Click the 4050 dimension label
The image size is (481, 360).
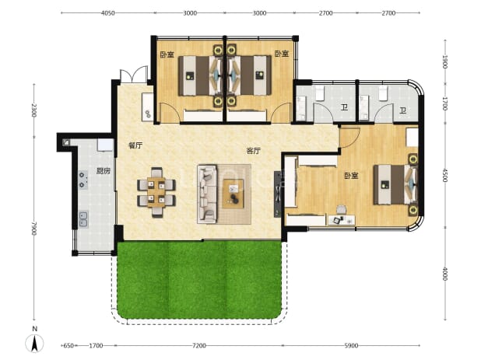click(x=108, y=13)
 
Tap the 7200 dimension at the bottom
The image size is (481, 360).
click(x=199, y=345)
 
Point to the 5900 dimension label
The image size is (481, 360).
click(x=351, y=345)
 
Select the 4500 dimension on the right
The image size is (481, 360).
click(x=445, y=175)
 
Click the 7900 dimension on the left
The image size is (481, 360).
click(x=33, y=229)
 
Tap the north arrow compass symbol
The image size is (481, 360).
click(x=35, y=343)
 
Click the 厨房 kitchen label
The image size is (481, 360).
click(x=104, y=171)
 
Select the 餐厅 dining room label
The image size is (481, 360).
click(x=135, y=145)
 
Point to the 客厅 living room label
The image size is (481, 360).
click(x=254, y=151)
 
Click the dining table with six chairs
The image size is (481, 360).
click(x=156, y=192)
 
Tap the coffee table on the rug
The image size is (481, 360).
click(x=233, y=194)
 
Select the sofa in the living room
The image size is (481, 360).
click(x=207, y=194)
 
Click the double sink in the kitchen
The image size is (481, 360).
click(x=83, y=219)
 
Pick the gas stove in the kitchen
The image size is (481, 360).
click(x=83, y=180)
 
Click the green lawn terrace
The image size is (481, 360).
click(x=199, y=279)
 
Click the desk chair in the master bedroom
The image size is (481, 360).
click(x=341, y=210)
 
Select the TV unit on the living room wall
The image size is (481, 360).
click(x=278, y=194)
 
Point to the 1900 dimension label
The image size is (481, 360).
click(x=445, y=62)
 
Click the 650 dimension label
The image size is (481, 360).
click(x=68, y=345)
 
